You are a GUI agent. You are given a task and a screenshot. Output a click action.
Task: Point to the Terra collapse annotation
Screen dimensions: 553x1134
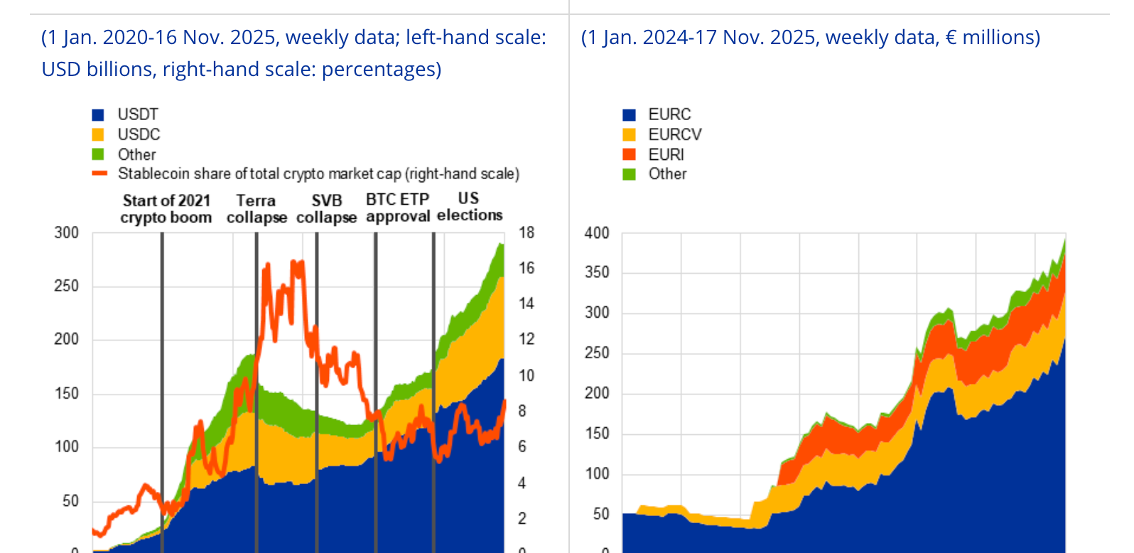(x=256, y=209)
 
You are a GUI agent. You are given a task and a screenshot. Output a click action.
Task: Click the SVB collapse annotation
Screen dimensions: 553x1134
(x=326, y=209)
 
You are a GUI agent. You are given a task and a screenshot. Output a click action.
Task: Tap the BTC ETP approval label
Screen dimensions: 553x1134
(x=398, y=208)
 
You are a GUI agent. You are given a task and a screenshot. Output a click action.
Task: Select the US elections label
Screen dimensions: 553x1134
(x=469, y=207)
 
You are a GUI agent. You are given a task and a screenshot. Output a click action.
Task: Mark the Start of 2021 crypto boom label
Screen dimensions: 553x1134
(x=166, y=209)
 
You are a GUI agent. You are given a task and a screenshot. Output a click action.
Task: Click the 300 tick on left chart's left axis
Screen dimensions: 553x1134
(x=67, y=232)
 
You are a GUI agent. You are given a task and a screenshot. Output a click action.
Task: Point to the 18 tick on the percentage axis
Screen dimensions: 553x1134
(x=526, y=232)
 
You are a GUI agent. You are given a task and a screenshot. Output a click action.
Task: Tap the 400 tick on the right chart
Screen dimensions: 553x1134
(x=597, y=233)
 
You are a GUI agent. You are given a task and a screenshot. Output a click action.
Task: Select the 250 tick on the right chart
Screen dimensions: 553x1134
(x=597, y=353)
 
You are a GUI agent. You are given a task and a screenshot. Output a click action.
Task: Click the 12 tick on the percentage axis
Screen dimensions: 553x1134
(x=526, y=339)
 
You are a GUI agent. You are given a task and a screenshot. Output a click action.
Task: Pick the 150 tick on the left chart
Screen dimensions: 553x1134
(x=67, y=393)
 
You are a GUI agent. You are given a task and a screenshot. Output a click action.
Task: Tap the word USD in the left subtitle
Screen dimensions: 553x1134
(x=61, y=69)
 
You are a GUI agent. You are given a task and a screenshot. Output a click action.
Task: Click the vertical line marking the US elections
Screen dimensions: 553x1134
(x=433, y=391)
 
